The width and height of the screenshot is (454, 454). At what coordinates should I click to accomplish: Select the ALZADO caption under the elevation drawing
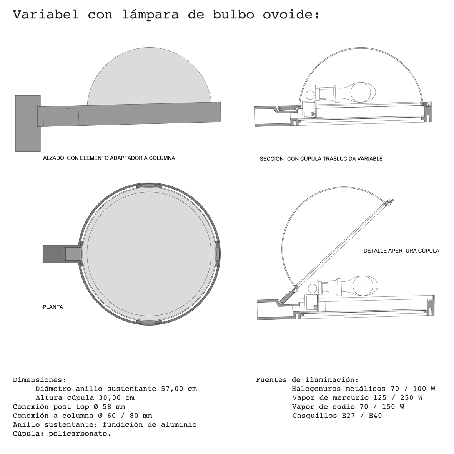coord(109,158)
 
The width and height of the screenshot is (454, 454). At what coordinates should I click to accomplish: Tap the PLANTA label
coord(53,307)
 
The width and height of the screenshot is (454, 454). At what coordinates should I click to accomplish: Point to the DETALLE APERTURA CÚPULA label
coord(401,251)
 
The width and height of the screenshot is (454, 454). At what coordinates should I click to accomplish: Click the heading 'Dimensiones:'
coord(40,380)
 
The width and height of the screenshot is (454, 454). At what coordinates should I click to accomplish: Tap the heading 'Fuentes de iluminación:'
coord(307,380)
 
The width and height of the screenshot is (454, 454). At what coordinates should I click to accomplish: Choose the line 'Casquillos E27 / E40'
coord(337,416)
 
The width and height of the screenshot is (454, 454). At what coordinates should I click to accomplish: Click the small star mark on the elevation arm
coord(68,109)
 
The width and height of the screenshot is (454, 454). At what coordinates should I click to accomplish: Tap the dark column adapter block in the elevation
coord(28,123)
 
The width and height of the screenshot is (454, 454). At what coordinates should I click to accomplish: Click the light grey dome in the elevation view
coord(149,77)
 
